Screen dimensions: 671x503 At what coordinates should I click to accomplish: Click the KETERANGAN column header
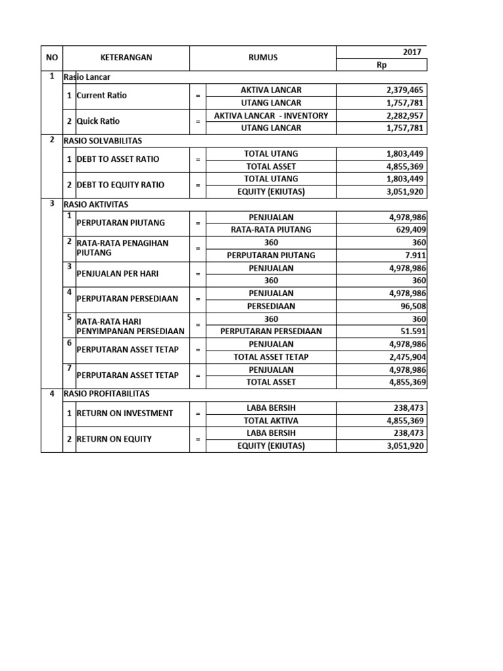(126, 58)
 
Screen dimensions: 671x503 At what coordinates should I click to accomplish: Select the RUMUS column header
(263, 58)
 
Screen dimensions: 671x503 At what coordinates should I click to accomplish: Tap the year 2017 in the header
(412, 52)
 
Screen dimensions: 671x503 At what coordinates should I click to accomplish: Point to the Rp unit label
(382, 65)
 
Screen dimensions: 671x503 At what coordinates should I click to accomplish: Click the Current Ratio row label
(102, 96)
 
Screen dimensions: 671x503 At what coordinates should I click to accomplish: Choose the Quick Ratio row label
(98, 121)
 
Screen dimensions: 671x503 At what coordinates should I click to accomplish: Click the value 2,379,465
(406, 90)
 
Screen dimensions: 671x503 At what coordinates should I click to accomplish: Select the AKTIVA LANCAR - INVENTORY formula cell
(271, 115)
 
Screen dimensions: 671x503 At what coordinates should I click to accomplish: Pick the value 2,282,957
(406, 115)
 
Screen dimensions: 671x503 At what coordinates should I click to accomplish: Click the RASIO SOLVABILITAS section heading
(102, 140)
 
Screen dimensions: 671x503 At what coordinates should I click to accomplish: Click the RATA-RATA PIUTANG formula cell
(271, 229)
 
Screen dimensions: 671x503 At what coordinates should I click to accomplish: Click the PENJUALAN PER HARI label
(117, 274)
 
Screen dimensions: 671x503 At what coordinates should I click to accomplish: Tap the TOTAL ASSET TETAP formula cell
(271, 356)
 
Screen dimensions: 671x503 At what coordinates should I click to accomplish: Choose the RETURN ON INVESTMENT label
(124, 413)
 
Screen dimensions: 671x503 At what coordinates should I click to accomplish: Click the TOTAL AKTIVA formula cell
(271, 420)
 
